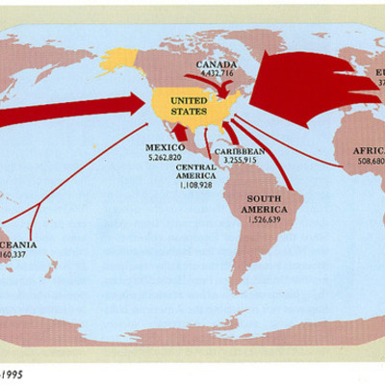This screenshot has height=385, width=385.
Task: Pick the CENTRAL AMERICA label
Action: click(196, 170)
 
